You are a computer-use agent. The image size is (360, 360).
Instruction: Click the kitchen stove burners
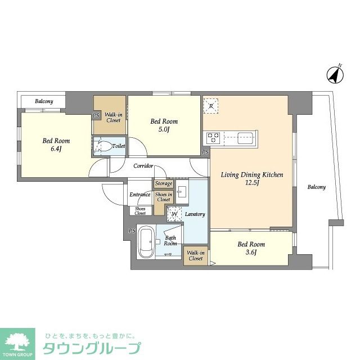[214, 137]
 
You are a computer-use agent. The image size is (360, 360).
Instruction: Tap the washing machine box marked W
[174, 214]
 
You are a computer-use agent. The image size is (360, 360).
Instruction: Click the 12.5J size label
[251, 184]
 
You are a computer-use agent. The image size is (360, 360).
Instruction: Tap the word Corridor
[143, 166]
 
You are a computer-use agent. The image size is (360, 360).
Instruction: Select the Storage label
[163, 183]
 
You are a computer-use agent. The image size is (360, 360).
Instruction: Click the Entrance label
[139, 195]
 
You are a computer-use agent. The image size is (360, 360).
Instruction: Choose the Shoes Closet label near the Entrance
[139, 211]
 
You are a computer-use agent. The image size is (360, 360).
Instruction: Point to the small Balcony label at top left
[44, 101]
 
